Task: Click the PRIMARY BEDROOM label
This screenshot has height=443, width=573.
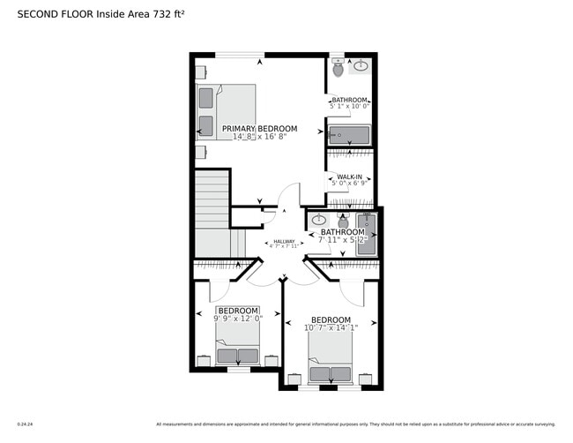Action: point(259,129)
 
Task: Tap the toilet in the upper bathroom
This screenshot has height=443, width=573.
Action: point(339,68)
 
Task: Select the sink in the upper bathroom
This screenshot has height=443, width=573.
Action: point(361,65)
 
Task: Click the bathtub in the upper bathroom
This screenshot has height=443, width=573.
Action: point(350,135)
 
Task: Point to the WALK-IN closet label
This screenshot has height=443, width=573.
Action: point(349,177)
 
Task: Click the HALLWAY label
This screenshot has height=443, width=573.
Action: point(284,241)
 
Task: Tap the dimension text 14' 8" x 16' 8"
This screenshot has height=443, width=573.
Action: point(259,138)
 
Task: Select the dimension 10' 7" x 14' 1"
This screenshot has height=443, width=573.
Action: point(331,327)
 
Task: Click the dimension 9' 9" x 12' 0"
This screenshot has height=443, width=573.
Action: point(238,319)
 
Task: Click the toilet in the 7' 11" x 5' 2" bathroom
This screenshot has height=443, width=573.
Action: point(343,221)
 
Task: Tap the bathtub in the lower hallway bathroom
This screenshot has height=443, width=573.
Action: point(366,235)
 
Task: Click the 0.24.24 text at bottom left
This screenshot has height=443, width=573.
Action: point(25,424)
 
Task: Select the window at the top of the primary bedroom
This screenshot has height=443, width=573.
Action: point(240,55)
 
